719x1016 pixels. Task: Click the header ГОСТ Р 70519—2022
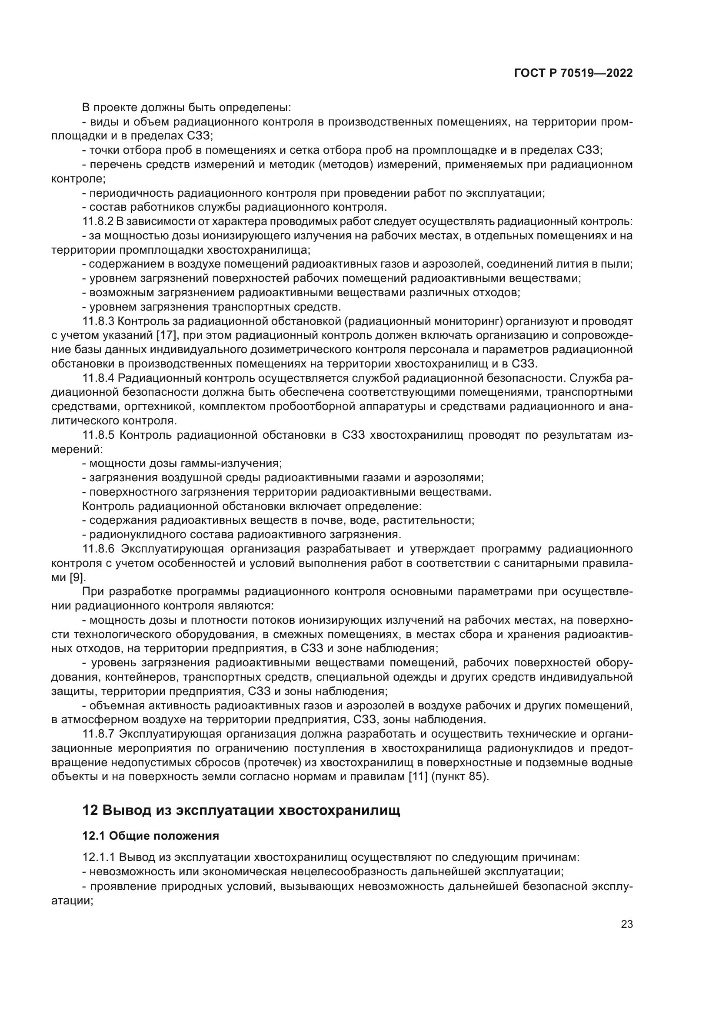pos(573,73)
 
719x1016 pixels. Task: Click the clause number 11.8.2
pos(98,222)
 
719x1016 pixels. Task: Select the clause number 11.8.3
pos(98,321)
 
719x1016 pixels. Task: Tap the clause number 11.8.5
pos(98,435)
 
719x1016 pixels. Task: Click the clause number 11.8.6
pos(98,549)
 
